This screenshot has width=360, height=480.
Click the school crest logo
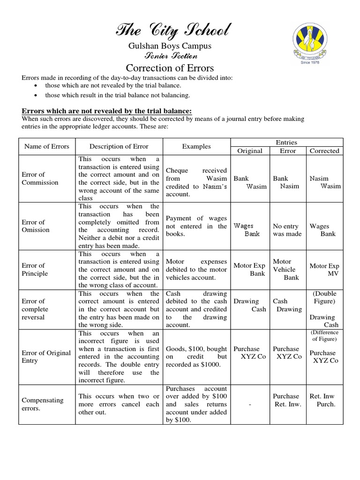click(x=307, y=43)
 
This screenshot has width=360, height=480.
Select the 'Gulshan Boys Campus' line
click(x=170, y=46)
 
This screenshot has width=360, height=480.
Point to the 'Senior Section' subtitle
click(x=170, y=55)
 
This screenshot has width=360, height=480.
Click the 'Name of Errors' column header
click(x=46, y=146)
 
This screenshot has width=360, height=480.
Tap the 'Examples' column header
click(x=196, y=146)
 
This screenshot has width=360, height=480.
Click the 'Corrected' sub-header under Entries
click(x=324, y=151)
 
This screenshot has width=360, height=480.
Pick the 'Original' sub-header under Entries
click(x=250, y=151)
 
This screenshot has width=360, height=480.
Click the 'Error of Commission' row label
click(x=40, y=179)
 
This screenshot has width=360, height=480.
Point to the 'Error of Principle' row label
click(x=35, y=270)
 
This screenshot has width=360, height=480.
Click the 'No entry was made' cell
click(x=287, y=230)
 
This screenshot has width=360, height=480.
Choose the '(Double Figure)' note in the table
click(x=324, y=297)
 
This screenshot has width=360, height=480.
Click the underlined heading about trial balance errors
click(x=107, y=111)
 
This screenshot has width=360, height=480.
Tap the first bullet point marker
click(x=37, y=86)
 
